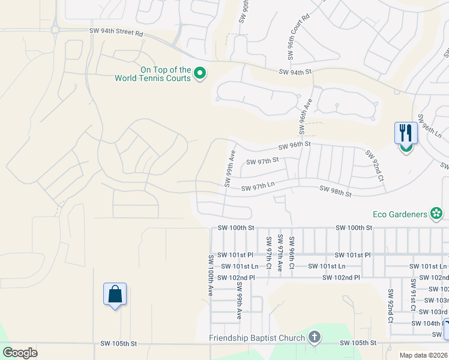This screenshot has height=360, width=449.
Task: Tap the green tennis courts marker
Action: (x=200, y=74)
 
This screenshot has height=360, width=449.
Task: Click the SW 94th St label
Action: (x=296, y=72)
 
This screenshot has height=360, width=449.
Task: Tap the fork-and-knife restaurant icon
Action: (x=406, y=133)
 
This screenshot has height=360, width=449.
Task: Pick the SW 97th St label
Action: (x=263, y=161)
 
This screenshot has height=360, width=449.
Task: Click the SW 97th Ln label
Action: (x=258, y=188)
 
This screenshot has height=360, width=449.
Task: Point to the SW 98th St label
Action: (x=336, y=191)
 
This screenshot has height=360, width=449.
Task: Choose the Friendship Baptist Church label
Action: (x=257, y=338)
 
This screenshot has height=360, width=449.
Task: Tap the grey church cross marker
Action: (x=314, y=337)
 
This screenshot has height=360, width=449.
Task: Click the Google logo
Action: (x=20, y=352)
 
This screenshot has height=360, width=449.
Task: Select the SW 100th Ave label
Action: (x=211, y=275)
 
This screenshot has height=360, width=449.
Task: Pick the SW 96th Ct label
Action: (x=291, y=253)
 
